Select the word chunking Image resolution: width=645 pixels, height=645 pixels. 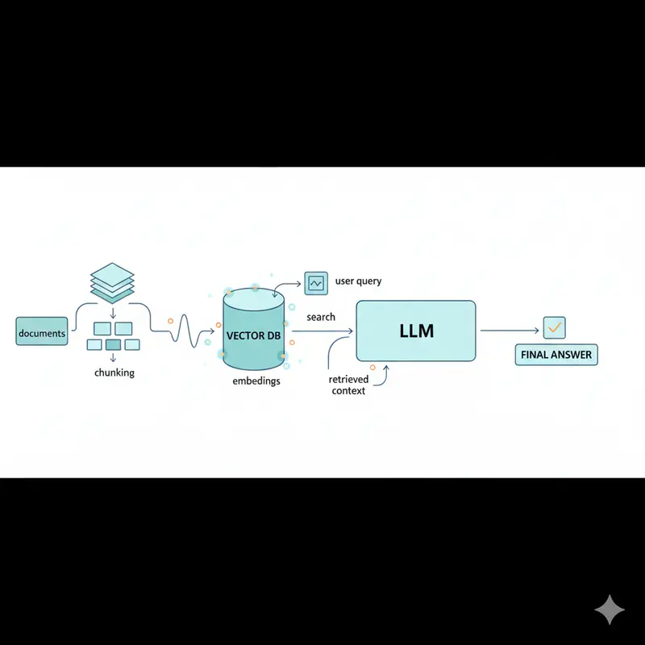pos(114,372)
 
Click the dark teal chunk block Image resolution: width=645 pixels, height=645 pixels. pos(113,345)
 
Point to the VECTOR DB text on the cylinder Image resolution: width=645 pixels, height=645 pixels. pos(253,335)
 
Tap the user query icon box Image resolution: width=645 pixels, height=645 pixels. pos(315,282)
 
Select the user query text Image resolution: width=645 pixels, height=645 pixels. pos(358,281)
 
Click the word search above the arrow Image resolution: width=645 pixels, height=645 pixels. pos(321,317)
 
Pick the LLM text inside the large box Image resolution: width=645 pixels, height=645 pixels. pos(416,331)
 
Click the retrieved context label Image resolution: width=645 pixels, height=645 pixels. pos(348,385)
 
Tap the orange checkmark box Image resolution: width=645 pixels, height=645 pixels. pos(555,327)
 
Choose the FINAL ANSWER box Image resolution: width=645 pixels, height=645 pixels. pos(556,355)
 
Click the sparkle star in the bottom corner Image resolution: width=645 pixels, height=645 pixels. pos(610,610)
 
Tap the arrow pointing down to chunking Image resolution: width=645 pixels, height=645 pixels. pos(112,311)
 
